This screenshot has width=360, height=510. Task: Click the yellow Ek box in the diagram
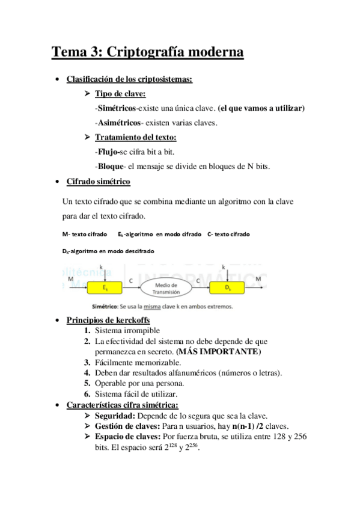(x=105, y=288)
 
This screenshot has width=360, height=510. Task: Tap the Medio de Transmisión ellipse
(x=166, y=288)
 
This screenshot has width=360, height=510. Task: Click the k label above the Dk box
(x=224, y=266)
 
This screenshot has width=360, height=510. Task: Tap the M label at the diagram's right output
(x=258, y=279)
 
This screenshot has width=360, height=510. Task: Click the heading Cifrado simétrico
(x=98, y=182)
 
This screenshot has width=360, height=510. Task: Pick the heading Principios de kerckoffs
(x=108, y=319)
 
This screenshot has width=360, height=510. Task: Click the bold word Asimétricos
(x=118, y=123)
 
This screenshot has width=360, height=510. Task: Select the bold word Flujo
(x=108, y=151)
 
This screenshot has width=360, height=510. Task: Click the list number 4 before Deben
(x=87, y=373)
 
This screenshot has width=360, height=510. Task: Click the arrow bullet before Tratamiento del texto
(x=87, y=137)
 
